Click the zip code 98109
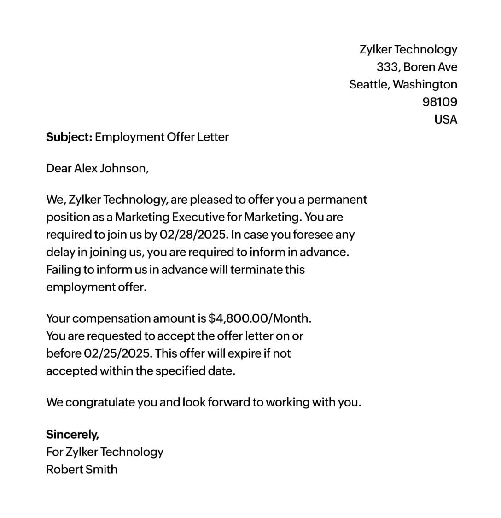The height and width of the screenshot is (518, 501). pos(439,102)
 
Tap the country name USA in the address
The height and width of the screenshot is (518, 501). pos(445,119)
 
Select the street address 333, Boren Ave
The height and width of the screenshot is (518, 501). pos(417,67)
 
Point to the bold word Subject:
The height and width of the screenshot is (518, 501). pos(69,137)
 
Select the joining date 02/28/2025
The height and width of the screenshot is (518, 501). pos(193,235)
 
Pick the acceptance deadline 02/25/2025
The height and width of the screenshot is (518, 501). pos(118,353)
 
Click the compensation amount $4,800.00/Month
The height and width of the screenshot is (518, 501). pos(260,318)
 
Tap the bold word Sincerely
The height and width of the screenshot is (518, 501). pos(72,434)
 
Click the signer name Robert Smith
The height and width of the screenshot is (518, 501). pos(82,469)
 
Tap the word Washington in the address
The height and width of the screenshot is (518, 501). pos(425,84)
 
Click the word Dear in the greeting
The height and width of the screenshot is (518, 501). pos(58,168)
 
